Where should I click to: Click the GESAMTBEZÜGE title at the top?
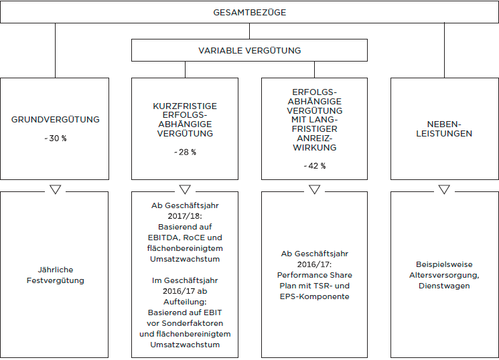249,13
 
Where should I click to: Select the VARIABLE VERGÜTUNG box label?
249,51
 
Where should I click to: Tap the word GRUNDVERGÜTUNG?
56,120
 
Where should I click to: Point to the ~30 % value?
56,139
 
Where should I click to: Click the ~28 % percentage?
185,152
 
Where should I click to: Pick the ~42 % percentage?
314,166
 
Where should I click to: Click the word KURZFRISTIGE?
185,106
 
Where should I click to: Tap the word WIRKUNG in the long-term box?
314,148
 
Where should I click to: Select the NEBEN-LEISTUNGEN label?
444,128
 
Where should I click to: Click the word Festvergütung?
56,280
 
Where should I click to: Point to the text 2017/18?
185,216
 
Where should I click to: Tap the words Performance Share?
314,275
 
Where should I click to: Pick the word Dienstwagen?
444,286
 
